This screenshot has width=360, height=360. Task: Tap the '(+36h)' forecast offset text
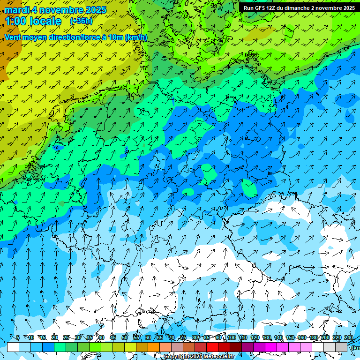coord(81,21)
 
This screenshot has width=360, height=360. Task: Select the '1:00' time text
coord(15,21)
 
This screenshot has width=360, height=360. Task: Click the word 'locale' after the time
coord(45,21)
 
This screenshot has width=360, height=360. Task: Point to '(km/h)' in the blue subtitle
coord(136,37)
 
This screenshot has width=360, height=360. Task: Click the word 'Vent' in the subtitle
coord(13,37)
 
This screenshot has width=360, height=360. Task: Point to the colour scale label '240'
coord(348,338)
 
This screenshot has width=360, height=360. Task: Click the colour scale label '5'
coord(18,338)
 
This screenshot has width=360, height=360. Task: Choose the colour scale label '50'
coord(125,338)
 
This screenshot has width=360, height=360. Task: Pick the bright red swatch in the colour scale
coord(212,347)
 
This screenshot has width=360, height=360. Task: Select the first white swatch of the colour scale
coord(13,347)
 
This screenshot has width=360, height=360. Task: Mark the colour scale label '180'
coord(313,338)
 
